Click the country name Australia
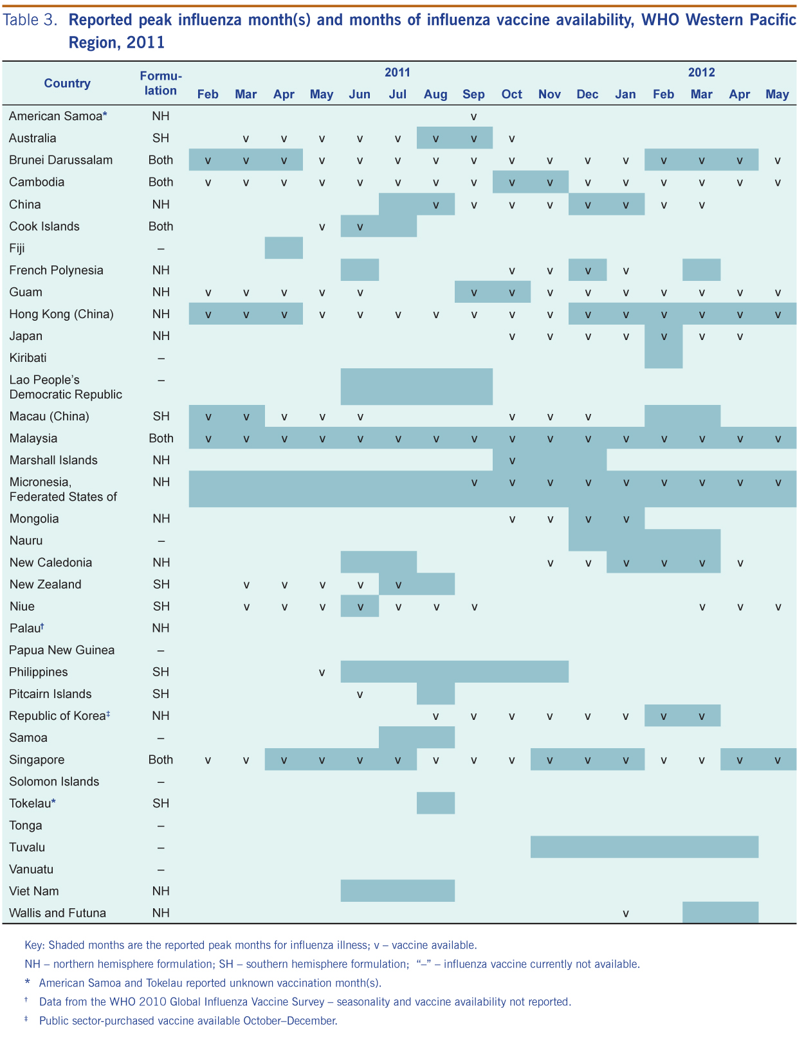tap(32, 138)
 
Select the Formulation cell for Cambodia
tap(161, 182)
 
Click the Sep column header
tap(473, 94)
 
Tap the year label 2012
tap(701, 73)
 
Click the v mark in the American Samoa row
tap(474, 117)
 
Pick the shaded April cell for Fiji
tap(284, 248)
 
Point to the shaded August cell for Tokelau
tap(435, 803)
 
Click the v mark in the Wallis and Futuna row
tap(626, 913)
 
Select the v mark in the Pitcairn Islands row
tap(360, 694)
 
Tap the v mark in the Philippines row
tap(322, 672)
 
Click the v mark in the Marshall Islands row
tap(512, 461)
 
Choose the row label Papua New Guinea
tap(62, 650)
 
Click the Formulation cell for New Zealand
tap(161, 584)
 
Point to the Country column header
tap(67, 84)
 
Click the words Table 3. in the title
tap(30, 20)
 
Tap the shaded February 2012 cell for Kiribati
tap(663, 358)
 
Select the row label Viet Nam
tap(34, 891)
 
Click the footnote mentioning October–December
tap(188, 1021)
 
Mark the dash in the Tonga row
tap(161, 825)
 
